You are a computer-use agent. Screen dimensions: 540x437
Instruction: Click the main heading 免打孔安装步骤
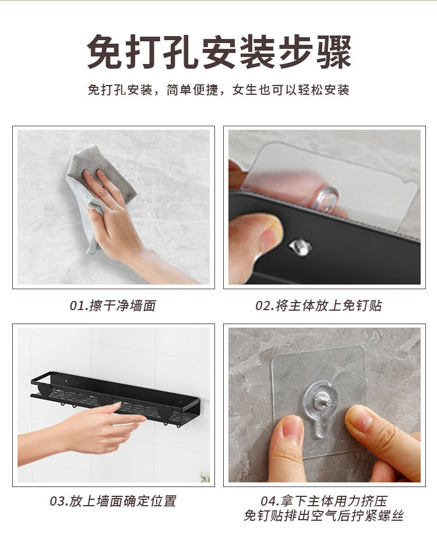click(x=218, y=53)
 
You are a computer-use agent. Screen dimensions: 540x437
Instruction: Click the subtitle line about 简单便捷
click(x=218, y=90)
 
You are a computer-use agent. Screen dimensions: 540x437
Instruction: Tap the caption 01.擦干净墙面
click(x=113, y=305)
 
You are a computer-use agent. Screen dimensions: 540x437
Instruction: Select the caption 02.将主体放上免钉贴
click(x=319, y=305)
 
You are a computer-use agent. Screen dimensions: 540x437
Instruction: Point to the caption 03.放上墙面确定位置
click(x=113, y=500)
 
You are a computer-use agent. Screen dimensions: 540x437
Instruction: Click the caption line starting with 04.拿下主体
click(x=324, y=500)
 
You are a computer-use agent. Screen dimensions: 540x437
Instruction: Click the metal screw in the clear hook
click(x=322, y=400)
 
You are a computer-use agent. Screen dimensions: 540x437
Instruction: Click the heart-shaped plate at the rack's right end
click(x=167, y=411)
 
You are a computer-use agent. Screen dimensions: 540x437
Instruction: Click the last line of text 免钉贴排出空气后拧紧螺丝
click(x=324, y=516)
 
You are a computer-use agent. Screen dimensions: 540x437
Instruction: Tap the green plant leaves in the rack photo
click(x=204, y=477)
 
